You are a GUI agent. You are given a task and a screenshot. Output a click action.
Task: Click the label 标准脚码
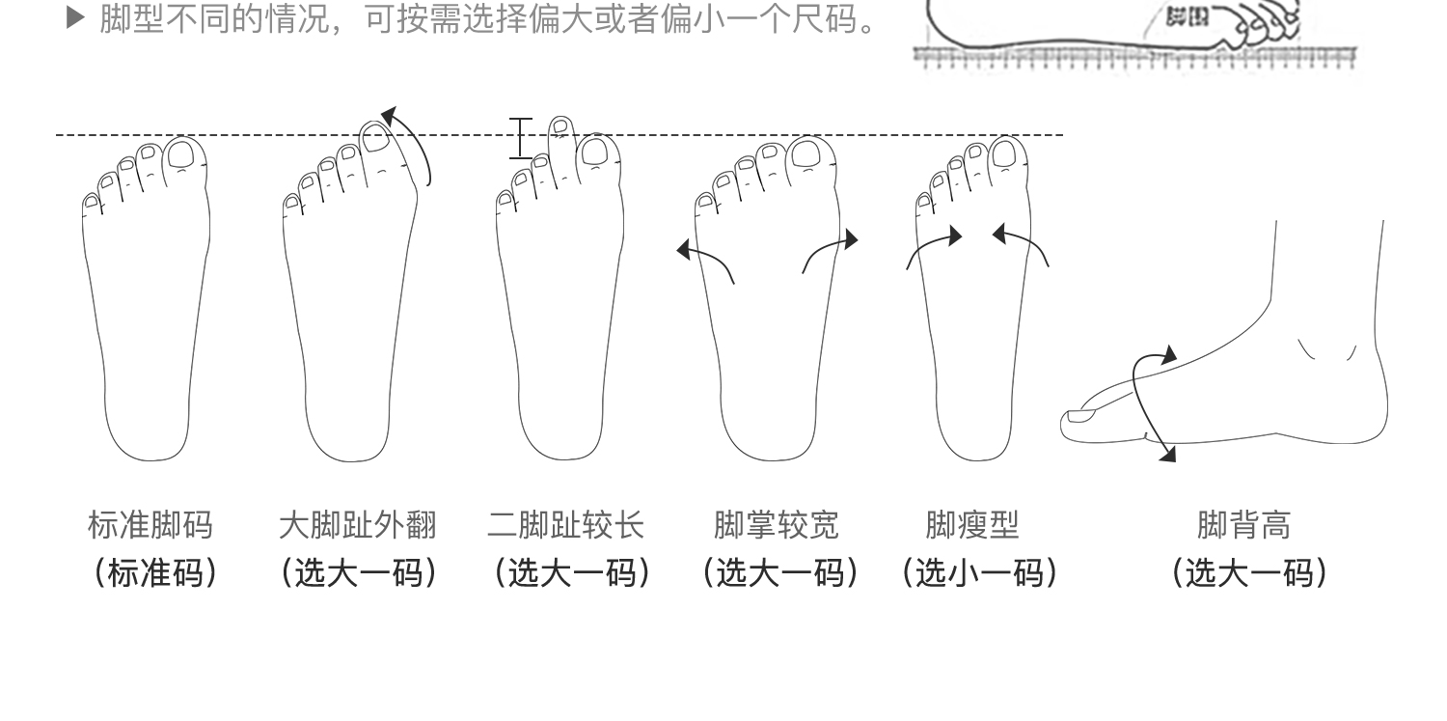150,526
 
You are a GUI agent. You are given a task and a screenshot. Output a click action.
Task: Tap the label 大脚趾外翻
357,526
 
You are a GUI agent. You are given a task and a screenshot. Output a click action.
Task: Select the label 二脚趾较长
565,526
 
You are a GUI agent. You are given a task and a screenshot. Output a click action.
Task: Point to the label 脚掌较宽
777,526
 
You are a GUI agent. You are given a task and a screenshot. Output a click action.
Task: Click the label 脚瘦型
972,526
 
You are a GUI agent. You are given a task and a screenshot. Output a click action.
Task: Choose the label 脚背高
1243,526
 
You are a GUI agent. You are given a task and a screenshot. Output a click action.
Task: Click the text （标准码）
154,573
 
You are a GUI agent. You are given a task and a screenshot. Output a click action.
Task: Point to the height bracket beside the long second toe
521,138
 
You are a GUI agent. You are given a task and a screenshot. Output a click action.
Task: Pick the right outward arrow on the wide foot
830,251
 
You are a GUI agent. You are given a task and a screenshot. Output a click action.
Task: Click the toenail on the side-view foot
1080,417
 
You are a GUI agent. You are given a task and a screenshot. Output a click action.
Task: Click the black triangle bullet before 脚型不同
76,17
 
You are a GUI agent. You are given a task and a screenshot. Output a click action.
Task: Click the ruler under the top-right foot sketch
1134,57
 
